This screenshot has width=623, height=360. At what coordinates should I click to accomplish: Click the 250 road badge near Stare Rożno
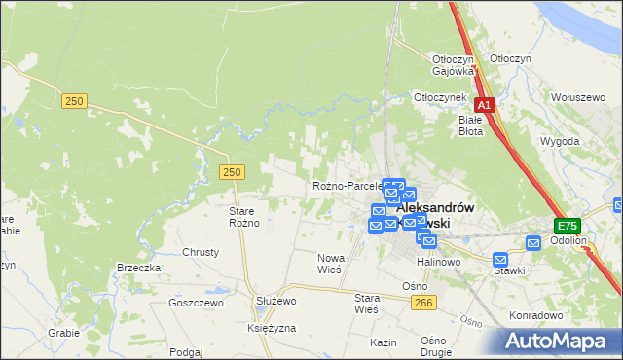coord(231,172)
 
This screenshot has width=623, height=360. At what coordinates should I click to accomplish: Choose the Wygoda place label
coord(560,141)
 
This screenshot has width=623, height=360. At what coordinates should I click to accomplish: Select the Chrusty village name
coord(201,252)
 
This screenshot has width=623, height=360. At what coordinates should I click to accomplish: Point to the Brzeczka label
coord(138,268)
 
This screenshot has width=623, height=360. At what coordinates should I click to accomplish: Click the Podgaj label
coord(185,352)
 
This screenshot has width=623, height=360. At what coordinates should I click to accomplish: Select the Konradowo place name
coord(536,315)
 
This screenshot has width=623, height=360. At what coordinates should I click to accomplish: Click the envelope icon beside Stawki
coord(500,260)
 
